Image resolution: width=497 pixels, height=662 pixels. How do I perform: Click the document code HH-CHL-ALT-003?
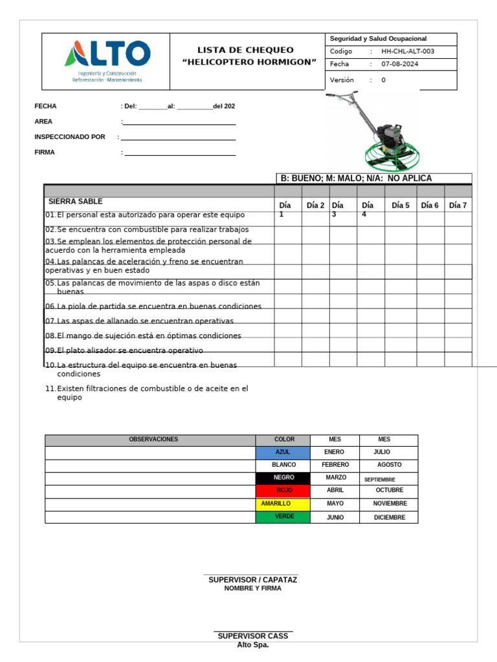[x=408, y=52]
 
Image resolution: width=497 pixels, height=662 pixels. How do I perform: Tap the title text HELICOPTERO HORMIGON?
[x=249, y=62]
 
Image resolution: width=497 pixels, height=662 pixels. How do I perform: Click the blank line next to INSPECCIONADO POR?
[x=178, y=138]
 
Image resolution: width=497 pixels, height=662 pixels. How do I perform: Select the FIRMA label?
[x=45, y=153]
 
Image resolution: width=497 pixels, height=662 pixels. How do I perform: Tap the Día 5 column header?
[x=401, y=206]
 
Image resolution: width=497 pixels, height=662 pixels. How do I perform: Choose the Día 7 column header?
[x=458, y=206]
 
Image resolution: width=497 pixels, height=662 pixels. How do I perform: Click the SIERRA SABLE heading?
[x=76, y=202]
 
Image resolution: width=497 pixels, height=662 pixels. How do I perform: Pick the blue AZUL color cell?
[x=283, y=453]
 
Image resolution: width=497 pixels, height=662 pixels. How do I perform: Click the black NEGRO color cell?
[x=283, y=478]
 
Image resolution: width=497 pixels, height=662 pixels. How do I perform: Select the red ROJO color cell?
[x=283, y=491]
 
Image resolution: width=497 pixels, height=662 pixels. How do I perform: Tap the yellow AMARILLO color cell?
[x=283, y=504]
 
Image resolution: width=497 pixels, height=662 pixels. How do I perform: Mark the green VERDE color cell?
[x=283, y=517]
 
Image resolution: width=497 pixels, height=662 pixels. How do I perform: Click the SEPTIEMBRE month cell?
[x=380, y=480]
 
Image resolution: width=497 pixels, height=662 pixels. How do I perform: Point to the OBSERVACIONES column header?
[x=153, y=440]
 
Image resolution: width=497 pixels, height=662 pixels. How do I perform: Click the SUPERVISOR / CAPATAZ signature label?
[x=252, y=580]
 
